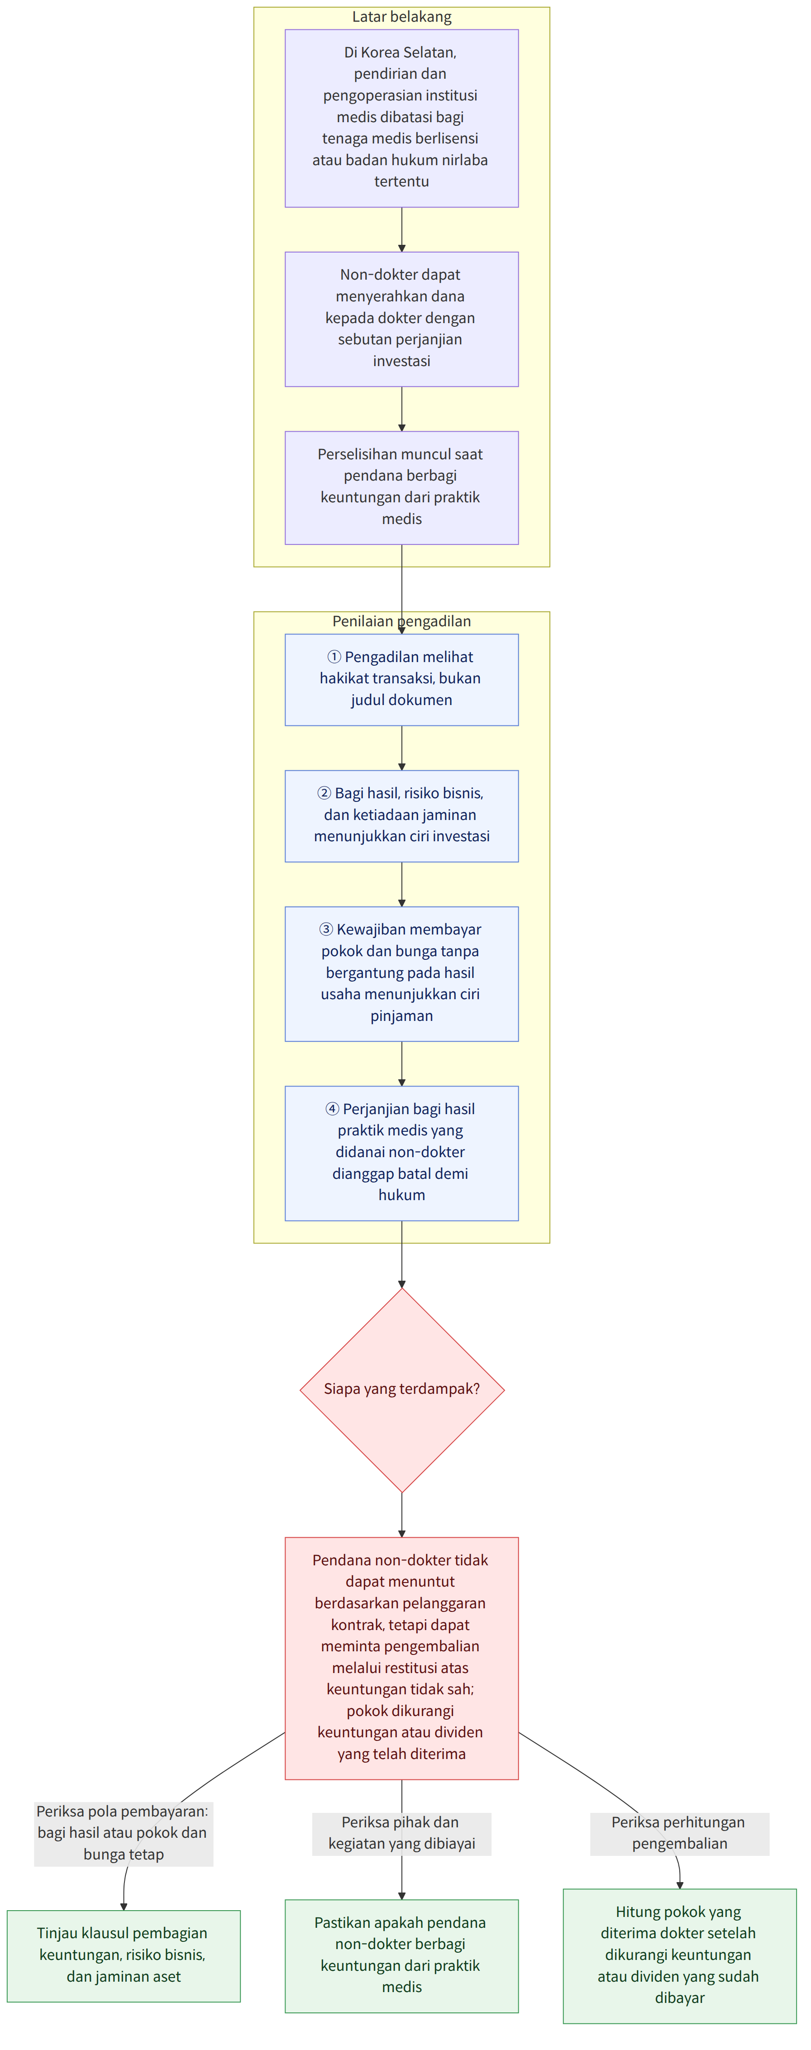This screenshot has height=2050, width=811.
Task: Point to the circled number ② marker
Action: click(324, 793)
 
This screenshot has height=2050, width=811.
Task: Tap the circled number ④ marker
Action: click(333, 1109)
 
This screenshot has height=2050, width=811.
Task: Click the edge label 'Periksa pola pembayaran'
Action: click(124, 1833)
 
